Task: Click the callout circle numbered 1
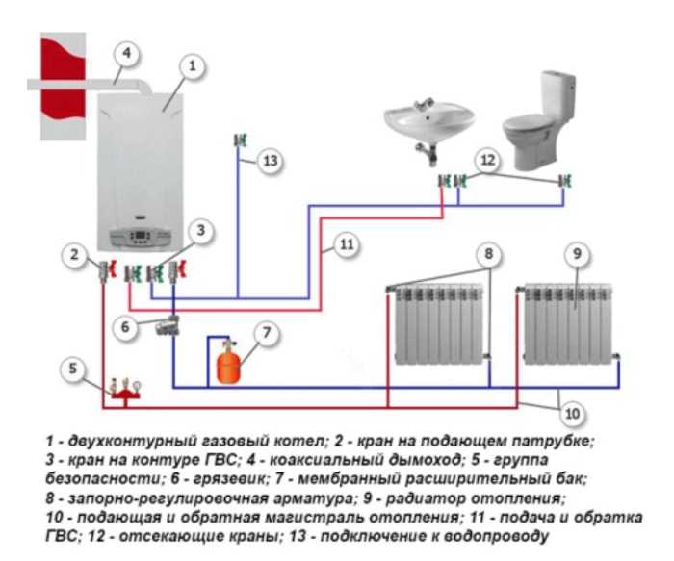pyautogui.click(x=192, y=65)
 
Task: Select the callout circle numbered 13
pyautogui.click(x=272, y=161)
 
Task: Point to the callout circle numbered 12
pyautogui.click(x=488, y=158)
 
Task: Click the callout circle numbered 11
pyautogui.click(x=347, y=245)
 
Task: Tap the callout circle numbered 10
pyautogui.click(x=571, y=415)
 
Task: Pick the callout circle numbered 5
pyautogui.click(x=71, y=367)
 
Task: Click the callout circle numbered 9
pyautogui.click(x=576, y=254)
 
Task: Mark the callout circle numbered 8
pyautogui.click(x=488, y=254)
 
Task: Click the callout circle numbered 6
pyautogui.click(x=126, y=326)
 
